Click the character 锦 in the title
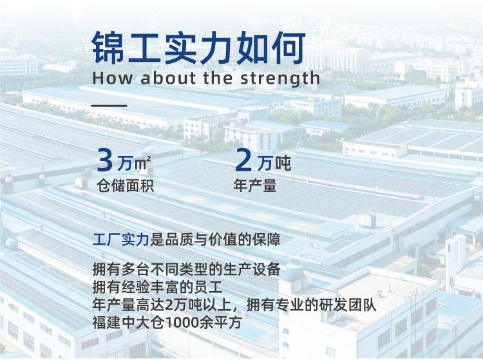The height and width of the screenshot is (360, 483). coord(108,48)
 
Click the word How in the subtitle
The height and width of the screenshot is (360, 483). coord(113,78)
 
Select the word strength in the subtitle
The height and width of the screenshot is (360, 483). coord(280,78)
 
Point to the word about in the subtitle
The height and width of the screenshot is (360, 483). coord(168,78)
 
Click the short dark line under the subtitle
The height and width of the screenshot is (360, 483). coord(109,106)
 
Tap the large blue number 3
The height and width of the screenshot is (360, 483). coord(105,160)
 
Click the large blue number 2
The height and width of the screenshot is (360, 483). coord(243,160)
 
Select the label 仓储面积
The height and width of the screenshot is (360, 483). coord(126,185)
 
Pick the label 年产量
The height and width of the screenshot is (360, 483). coord(255,185)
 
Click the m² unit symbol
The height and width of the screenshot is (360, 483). coord(142,162)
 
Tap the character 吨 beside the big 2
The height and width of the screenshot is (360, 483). coord(283,163)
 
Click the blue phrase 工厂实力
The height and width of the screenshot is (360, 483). coord(121,240)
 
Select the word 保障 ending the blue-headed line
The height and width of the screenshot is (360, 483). coord(266,240)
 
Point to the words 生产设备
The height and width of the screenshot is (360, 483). coord(252,269)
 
